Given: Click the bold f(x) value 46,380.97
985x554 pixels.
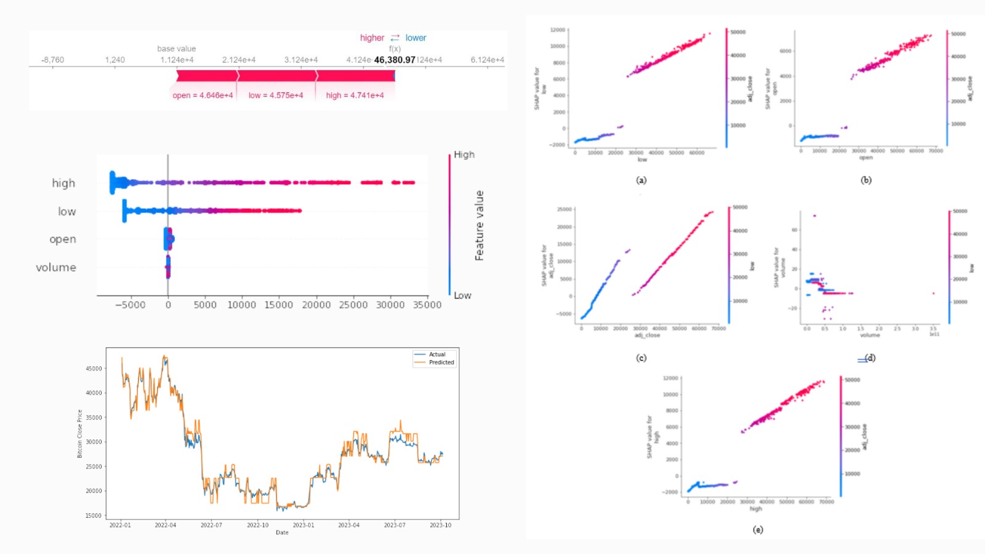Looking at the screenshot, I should pyautogui.click(x=395, y=60).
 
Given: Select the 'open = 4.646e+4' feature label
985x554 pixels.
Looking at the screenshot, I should pyautogui.click(x=203, y=95).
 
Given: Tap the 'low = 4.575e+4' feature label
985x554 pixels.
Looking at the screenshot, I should pyautogui.click(x=276, y=95).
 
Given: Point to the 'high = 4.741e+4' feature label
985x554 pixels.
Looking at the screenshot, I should pyautogui.click(x=355, y=95).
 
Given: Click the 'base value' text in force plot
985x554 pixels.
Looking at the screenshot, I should pyautogui.click(x=176, y=49).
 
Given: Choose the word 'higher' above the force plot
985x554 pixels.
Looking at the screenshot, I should pyautogui.click(x=372, y=38).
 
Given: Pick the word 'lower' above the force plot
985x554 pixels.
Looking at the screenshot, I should pyautogui.click(x=416, y=38).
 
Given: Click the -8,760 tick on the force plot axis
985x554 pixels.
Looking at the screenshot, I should pyautogui.click(x=52, y=60).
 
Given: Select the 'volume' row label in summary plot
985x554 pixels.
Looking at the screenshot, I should pyautogui.click(x=56, y=267).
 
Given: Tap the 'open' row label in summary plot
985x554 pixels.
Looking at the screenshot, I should pyautogui.click(x=63, y=239).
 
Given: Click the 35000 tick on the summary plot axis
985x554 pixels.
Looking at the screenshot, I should pyautogui.click(x=427, y=305).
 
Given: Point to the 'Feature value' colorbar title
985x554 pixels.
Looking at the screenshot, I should pyautogui.click(x=479, y=225).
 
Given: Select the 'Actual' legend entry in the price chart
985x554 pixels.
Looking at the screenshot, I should pyautogui.click(x=437, y=355).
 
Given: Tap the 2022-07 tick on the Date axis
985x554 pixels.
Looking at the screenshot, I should pyautogui.click(x=211, y=525).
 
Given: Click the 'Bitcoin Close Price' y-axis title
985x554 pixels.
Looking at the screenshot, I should pyautogui.click(x=79, y=433).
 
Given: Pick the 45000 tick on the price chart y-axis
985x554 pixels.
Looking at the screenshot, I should pyautogui.click(x=94, y=369).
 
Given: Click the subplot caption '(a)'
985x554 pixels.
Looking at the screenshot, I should pyautogui.click(x=641, y=180).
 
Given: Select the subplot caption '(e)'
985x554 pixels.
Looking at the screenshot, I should pyautogui.click(x=758, y=529).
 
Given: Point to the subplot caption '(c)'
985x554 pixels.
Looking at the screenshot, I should pyautogui.click(x=641, y=358).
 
